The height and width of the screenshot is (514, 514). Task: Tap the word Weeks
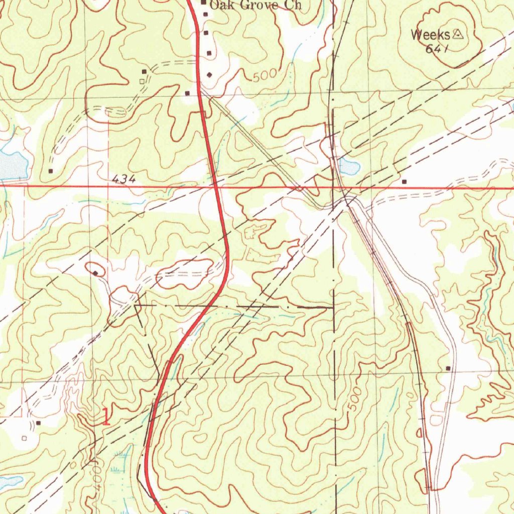click(x=430, y=35)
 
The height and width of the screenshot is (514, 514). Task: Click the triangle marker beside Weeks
click(x=457, y=34)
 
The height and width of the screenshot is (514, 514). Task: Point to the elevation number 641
click(x=436, y=49)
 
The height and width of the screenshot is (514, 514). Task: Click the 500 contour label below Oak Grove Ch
click(x=265, y=76)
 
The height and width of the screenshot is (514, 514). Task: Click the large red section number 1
click(x=105, y=417)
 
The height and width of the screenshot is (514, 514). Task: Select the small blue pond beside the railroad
click(x=349, y=166)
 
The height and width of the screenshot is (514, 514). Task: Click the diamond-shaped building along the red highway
click(x=209, y=75)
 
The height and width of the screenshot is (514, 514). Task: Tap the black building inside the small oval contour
click(x=95, y=273)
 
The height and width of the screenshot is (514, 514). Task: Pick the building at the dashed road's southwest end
click(x=51, y=171)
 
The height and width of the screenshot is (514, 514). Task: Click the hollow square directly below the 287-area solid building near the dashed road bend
click(x=143, y=80)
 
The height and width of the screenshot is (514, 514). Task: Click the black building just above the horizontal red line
click(x=404, y=181)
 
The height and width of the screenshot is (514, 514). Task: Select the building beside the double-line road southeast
click(x=448, y=368)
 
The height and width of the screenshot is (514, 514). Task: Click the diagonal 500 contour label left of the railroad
click(x=354, y=399)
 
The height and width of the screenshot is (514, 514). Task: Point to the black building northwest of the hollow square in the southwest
click(x=38, y=423)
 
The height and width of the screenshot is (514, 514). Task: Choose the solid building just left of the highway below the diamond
click(x=187, y=93)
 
